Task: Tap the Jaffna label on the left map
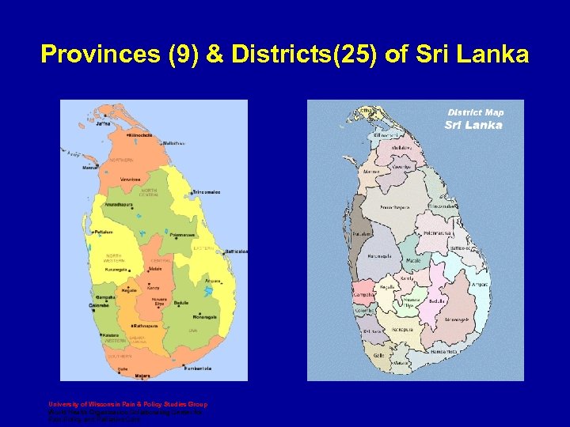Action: [x=103, y=124]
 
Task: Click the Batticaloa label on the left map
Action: [x=235, y=251]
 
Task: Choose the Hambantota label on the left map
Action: [x=196, y=368]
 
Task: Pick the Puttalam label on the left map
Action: [x=103, y=232]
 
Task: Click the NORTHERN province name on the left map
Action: [x=122, y=161]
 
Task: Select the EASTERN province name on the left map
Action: [x=204, y=248]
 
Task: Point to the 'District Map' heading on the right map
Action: [x=475, y=112]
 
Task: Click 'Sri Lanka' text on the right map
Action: [x=473, y=125]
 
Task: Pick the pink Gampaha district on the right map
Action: [x=366, y=293]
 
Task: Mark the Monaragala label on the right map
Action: [x=456, y=319]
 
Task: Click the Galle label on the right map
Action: [x=378, y=355]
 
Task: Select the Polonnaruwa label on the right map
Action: [x=437, y=233]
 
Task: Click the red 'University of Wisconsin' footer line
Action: [x=127, y=405]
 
